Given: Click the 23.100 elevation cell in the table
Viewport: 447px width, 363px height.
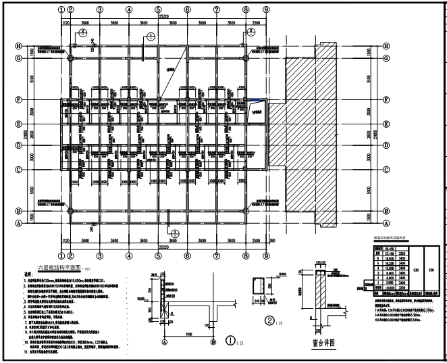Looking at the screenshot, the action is pyautogui.click(x=390, y=253).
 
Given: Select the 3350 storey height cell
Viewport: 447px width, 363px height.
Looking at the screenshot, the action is pyautogui.click(x=402, y=253).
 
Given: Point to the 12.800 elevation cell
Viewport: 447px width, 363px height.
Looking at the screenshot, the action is pyautogui.click(x=390, y=268).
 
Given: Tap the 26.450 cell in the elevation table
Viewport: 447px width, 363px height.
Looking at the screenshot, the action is pyautogui.click(x=390, y=249).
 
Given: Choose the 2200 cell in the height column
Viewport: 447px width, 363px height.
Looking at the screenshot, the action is pyautogui.click(x=402, y=287).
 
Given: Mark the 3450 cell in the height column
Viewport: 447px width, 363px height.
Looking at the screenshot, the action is pyautogui.click(x=402, y=258).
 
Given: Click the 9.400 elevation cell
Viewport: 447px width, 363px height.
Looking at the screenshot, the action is pyautogui.click(x=390, y=272).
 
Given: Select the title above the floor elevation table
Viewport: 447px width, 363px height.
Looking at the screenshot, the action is pyautogui.click(x=392, y=239).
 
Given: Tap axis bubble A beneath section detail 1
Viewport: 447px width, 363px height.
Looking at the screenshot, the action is pyautogui.click(x=164, y=342).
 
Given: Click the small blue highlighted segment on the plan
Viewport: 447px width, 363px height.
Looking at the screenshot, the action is pyautogui.click(x=255, y=101).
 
